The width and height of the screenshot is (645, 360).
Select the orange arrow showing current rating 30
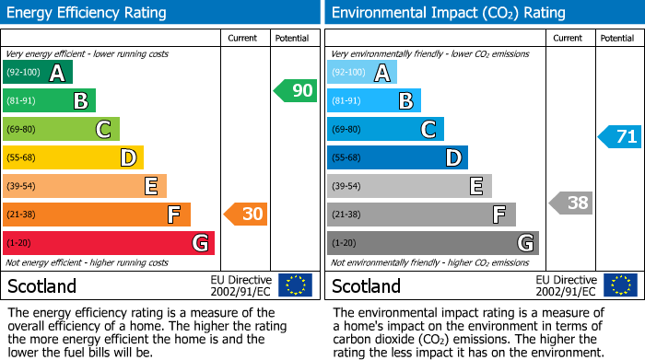tap(245, 215)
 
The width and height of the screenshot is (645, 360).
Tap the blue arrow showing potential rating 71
tap(619, 137)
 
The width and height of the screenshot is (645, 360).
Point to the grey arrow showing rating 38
tap(570, 203)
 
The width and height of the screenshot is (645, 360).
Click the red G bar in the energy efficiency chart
tap(109, 243)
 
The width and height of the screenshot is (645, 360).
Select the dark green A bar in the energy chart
tap(38, 73)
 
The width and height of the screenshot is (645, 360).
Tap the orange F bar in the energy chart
tap(97, 215)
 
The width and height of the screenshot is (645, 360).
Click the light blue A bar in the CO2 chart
tap(362, 73)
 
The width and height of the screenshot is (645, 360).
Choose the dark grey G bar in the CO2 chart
tap(433, 243)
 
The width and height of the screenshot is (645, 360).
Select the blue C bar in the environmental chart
tap(385, 130)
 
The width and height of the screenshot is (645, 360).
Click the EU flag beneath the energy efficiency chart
tap(295, 285)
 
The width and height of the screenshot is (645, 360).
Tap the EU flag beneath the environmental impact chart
tap(621, 285)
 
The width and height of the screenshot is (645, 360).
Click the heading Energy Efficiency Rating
tap(88, 13)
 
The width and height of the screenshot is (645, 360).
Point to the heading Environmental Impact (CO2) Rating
tap(448, 13)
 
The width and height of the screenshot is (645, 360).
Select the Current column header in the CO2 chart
tap(569, 38)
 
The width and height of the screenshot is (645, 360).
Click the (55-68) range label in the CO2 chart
tap(346, 157)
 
